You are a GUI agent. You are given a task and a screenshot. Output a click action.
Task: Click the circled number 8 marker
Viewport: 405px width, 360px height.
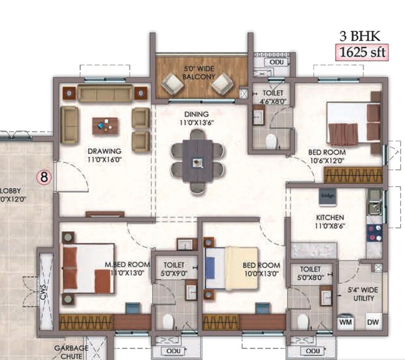click(43, 176)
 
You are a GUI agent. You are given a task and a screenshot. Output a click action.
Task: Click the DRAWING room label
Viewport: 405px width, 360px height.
click(103, 155)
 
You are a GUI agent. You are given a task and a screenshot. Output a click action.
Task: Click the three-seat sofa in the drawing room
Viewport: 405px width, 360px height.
click(105, 93)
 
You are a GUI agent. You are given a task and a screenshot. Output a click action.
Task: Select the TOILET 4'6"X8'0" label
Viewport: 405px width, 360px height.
click(270, 96)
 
